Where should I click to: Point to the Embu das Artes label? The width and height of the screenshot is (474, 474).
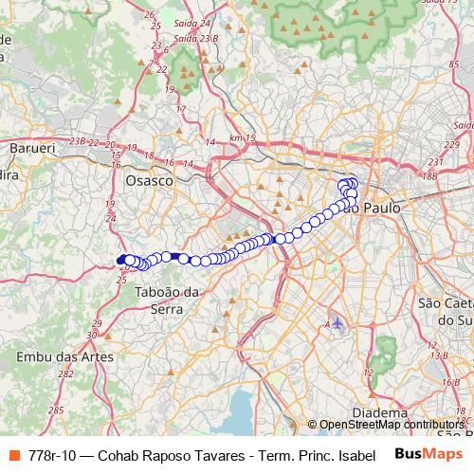[64, 357]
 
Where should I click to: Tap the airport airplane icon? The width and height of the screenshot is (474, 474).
[338, 324]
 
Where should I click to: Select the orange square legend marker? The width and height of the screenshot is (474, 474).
[14, 454]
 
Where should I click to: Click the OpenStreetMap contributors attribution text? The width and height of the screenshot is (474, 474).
[390, 425]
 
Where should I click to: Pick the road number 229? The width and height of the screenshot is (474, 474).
[451, 143]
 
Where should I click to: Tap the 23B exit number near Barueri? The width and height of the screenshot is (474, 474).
[78, 141]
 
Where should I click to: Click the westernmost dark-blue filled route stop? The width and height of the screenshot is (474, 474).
[120, 260]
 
